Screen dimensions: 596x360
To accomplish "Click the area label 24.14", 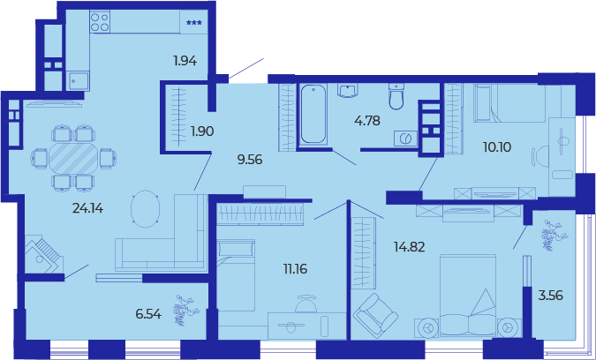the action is click(x=87, y=208).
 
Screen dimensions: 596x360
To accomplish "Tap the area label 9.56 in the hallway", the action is click(x=250, y=160).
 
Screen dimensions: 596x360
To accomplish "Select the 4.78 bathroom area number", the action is click(x=367, y=121).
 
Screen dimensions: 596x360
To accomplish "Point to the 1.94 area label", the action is click(x=185, y=61).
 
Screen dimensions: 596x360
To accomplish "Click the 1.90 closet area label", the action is click(x=202, y=131).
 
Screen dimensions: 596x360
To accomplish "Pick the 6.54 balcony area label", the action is click(x=148, y=314).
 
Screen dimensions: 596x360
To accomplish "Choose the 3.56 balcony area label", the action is click(x=551, y=295).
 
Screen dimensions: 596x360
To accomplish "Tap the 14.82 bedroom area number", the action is click(x=409, y=247).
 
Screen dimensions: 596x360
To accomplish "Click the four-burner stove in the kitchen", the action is click(x=100, y=21).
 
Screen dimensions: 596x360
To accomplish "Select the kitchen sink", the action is click(x=79, y=81).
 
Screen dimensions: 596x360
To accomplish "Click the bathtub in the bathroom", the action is click(x=313, y=114).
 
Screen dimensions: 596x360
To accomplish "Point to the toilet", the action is click(x=396, y=96).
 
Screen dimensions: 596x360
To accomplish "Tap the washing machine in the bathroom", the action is click(x=405, y=139).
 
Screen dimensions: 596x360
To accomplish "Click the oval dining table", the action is click(x=73, y=159).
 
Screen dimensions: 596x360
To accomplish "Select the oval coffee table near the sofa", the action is click(x=145, y=208).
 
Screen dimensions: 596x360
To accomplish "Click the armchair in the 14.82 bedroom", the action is click(x=375, y=315).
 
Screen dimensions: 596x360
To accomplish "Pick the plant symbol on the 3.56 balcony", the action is click(x=552, y=235).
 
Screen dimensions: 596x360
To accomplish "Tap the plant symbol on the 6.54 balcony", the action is click(x=186, y=310).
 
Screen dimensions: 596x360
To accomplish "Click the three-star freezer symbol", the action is click(x=194, y=23).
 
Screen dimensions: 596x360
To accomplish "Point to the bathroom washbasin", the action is click(x=348, y=91).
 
